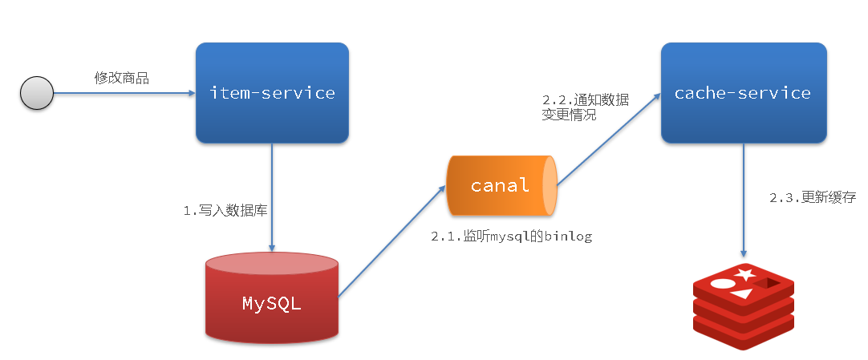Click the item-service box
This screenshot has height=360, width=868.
click(272, 93)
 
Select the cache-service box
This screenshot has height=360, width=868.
click(742, 93)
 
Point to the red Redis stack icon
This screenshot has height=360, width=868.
click(743, 308)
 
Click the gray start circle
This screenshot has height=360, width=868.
click(36, 94)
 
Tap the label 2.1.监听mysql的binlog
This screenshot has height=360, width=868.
click(511, 237)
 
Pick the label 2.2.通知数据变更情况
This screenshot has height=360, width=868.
click(585, 107)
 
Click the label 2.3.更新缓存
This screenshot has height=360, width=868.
click(802, 198)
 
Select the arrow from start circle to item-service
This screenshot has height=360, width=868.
click(124, 94)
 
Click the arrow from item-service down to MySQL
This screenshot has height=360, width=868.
click(273, 196)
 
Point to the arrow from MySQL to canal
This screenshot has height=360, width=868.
click(391, 241)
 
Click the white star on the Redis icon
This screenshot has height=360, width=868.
click(744, 275)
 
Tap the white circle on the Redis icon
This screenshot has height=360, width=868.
click(723, 283)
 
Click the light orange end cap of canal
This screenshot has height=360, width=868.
click(550, 186)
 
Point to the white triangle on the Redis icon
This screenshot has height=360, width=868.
click(742, 293)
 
